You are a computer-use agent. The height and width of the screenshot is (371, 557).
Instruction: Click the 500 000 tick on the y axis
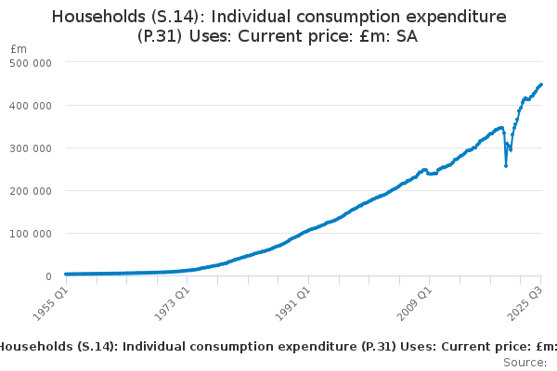(32, 62)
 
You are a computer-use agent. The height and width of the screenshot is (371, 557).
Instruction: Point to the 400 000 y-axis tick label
(32, 105)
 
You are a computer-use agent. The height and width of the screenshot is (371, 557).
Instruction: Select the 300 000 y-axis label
(32, 147)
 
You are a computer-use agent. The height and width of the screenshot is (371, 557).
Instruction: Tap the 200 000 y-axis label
(32, 190)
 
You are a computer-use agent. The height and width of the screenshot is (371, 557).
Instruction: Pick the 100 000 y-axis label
(32, 233)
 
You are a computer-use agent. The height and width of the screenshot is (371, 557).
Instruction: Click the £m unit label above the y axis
(18, 48)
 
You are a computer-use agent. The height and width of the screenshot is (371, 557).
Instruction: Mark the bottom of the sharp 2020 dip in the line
(506, 166)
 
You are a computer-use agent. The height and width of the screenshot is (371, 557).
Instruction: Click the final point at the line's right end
(541, 84)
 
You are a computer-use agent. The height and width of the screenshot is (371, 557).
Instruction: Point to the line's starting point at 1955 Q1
(65, 274)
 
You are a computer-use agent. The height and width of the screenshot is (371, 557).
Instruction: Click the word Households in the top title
(101, 17)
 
